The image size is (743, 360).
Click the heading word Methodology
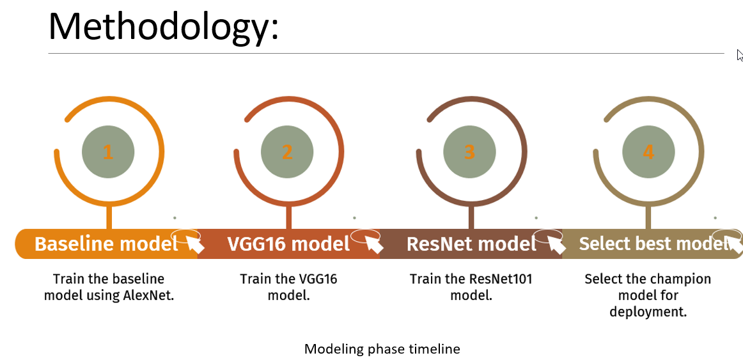163,27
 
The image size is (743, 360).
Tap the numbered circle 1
108,152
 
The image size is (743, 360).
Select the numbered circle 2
287,152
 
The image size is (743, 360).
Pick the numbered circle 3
469,152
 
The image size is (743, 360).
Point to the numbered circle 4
648,152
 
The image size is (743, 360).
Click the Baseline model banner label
106,244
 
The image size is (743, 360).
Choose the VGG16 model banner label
288,244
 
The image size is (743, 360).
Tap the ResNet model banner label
471,244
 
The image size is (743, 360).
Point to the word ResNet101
501,279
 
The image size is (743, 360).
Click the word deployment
648,312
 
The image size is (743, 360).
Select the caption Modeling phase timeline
382,349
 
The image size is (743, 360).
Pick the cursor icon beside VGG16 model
373,244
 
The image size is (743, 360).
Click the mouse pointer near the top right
739,55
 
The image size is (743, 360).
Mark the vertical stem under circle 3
471,217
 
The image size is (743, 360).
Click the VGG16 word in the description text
317,279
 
